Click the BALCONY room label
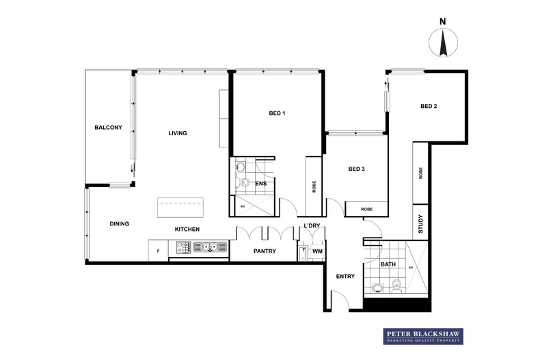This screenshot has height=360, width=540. (x=108, y=127)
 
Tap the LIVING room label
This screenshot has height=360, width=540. (x=178, y=133)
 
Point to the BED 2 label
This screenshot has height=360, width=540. (x=429, y=106)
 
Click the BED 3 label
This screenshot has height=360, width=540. (x=357, y=169)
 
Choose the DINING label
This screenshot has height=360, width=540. (x=120, y=224)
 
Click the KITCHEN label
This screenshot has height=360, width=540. (x=187, y=230)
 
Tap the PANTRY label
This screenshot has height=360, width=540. (x=265, y=251)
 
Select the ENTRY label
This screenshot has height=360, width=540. (x=345, y=276)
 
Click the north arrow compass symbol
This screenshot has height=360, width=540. (x=442, y=45)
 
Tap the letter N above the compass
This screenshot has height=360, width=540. (x=442, y=21)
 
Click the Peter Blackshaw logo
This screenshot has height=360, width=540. (x=422, y=335)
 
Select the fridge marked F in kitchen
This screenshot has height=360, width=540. (x=159, y=251)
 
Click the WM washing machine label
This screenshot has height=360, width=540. (x=316, y=252)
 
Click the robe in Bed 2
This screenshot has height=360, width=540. (x=420, y=174)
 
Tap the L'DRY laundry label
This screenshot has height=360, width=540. (x=312, y=226)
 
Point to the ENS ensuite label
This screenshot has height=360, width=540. (x=260, y=183)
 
